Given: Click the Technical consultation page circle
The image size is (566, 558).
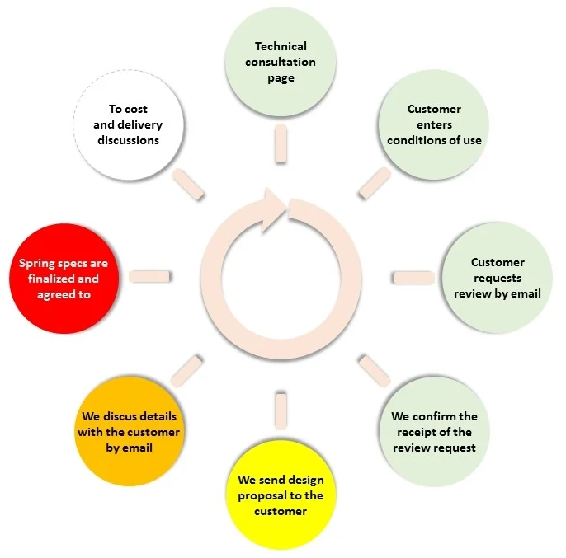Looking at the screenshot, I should pyautogui.click(x=281, y=62).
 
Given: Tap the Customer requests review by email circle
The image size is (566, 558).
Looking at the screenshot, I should pyautogui.click(x=498, y=277).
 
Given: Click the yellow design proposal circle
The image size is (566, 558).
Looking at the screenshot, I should pyautogui.click(x=281, y=495).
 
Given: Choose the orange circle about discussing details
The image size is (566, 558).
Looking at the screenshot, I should pyautogui.click(x=128, y=431).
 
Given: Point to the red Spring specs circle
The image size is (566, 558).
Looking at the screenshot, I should pyautogui.click(x=64, y=277).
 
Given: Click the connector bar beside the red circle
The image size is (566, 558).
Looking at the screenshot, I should pyautogui.click(x=150, y=275).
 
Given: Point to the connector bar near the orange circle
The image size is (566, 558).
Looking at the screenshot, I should pyautogui.click(x=186, y=368).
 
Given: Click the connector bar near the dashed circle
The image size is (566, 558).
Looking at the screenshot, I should pyautogui.click(x=188, y=183).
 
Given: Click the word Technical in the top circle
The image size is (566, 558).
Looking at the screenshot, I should pyautogui.click(x=281, y=46).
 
